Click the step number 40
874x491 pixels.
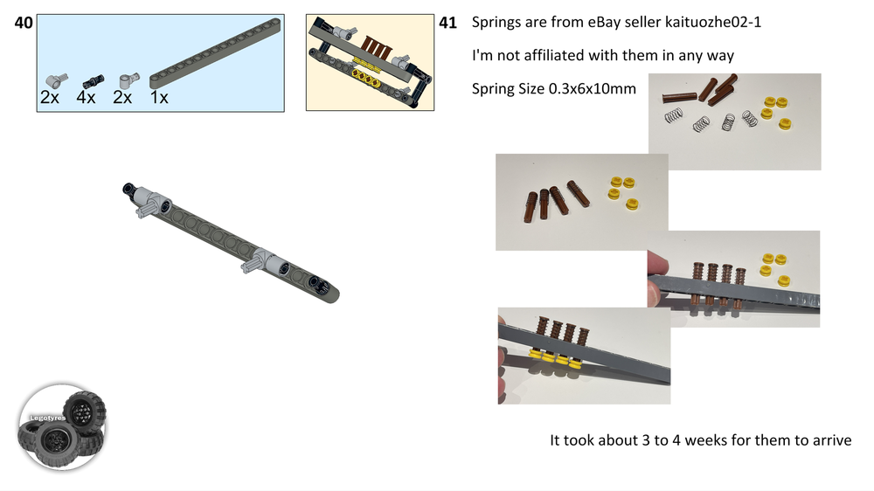pyautogui.click(x=24, y=23)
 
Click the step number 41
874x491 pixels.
pyautogui.click(x=447, y=23)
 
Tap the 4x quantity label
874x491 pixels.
pyautogui.click(x=86, y=98)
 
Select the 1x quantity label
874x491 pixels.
pyautogui.click(x=159, y=98)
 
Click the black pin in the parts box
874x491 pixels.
pyautogui.click(x=94, y=81)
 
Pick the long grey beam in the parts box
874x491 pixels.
pyautogui.click(x=215, y=53)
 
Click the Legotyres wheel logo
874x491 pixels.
pyautogui.click(x=62, y=427)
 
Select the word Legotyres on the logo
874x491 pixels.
pyautogui.click(x=47, y=418)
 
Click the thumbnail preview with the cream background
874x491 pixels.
pyautogui.click(x=370, y=62)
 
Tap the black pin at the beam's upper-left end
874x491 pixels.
pyautogui.click(x=129, y=189)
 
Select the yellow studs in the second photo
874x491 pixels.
pyautogui.click(x=623, y=193)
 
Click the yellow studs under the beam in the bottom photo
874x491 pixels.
pyautogui.click(x=554, y=358)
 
